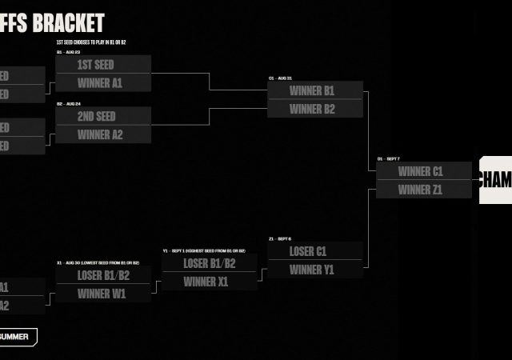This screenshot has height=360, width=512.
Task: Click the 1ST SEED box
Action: click(103, 64)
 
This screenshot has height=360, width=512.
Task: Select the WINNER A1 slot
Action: click(103, 83)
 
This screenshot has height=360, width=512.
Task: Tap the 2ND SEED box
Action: click(103, 116)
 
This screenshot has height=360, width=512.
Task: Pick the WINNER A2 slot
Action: click(103, 134)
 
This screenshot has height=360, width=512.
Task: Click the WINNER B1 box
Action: click(314, 90)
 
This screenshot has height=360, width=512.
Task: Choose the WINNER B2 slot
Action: click(314, 109)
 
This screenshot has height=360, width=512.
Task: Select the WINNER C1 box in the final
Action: click(420, 171)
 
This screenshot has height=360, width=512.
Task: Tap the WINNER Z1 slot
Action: click(420, 190)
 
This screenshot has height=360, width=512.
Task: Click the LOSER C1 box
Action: click(314, 251)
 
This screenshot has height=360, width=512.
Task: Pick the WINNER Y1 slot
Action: click(314, 270)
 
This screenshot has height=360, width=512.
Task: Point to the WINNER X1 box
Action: click(209, 282)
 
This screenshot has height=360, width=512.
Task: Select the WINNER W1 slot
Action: click(103, 294)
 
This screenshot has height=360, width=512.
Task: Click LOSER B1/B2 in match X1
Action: click(103, 275)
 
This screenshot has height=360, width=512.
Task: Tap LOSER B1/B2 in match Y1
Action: click(209, 263)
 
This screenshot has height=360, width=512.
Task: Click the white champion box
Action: click(495, 179)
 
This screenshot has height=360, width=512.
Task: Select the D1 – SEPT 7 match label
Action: click(390, 159)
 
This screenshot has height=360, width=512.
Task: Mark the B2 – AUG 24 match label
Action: click(71, 104)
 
